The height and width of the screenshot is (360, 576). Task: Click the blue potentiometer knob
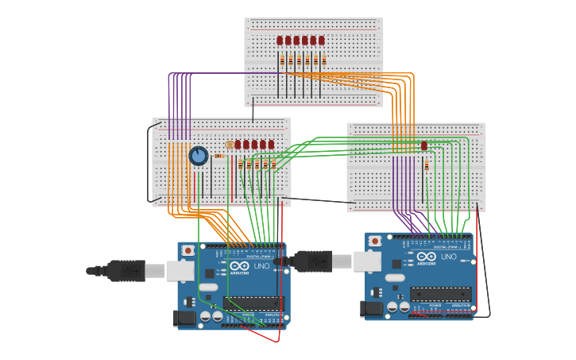click(x=199, y=156)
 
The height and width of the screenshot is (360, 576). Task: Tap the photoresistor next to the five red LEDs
click(x=230, y=145)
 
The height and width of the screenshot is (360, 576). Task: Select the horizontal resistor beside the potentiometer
click(x=219, y=156)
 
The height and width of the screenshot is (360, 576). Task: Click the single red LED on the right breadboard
click(x=424, y=145)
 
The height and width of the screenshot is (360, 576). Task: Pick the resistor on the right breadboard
click(x=427, y=165)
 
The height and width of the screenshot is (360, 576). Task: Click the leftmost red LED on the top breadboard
click(x=280, y=41)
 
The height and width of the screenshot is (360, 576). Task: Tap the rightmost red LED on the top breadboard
click(x=322, y=41)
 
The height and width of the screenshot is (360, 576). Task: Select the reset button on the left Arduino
click(x=187, y=250)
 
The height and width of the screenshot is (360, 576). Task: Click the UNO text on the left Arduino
click(x=262, y=266)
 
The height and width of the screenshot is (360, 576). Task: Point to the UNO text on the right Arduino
click(x=449, y=256)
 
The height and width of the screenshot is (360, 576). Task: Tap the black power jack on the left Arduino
click(x=185, y=319)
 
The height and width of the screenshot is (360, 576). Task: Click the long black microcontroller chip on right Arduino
click(x=440, y=293)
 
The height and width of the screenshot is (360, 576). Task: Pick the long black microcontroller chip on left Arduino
click(x=253, y=303)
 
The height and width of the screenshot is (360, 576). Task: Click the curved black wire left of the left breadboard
click(x=149, y=163)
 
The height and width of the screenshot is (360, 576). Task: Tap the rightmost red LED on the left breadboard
click(x=271, y=145)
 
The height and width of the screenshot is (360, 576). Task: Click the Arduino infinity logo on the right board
click(x=427, y=256)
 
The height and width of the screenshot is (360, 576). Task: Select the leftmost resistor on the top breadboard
click(x=281, y=60)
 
